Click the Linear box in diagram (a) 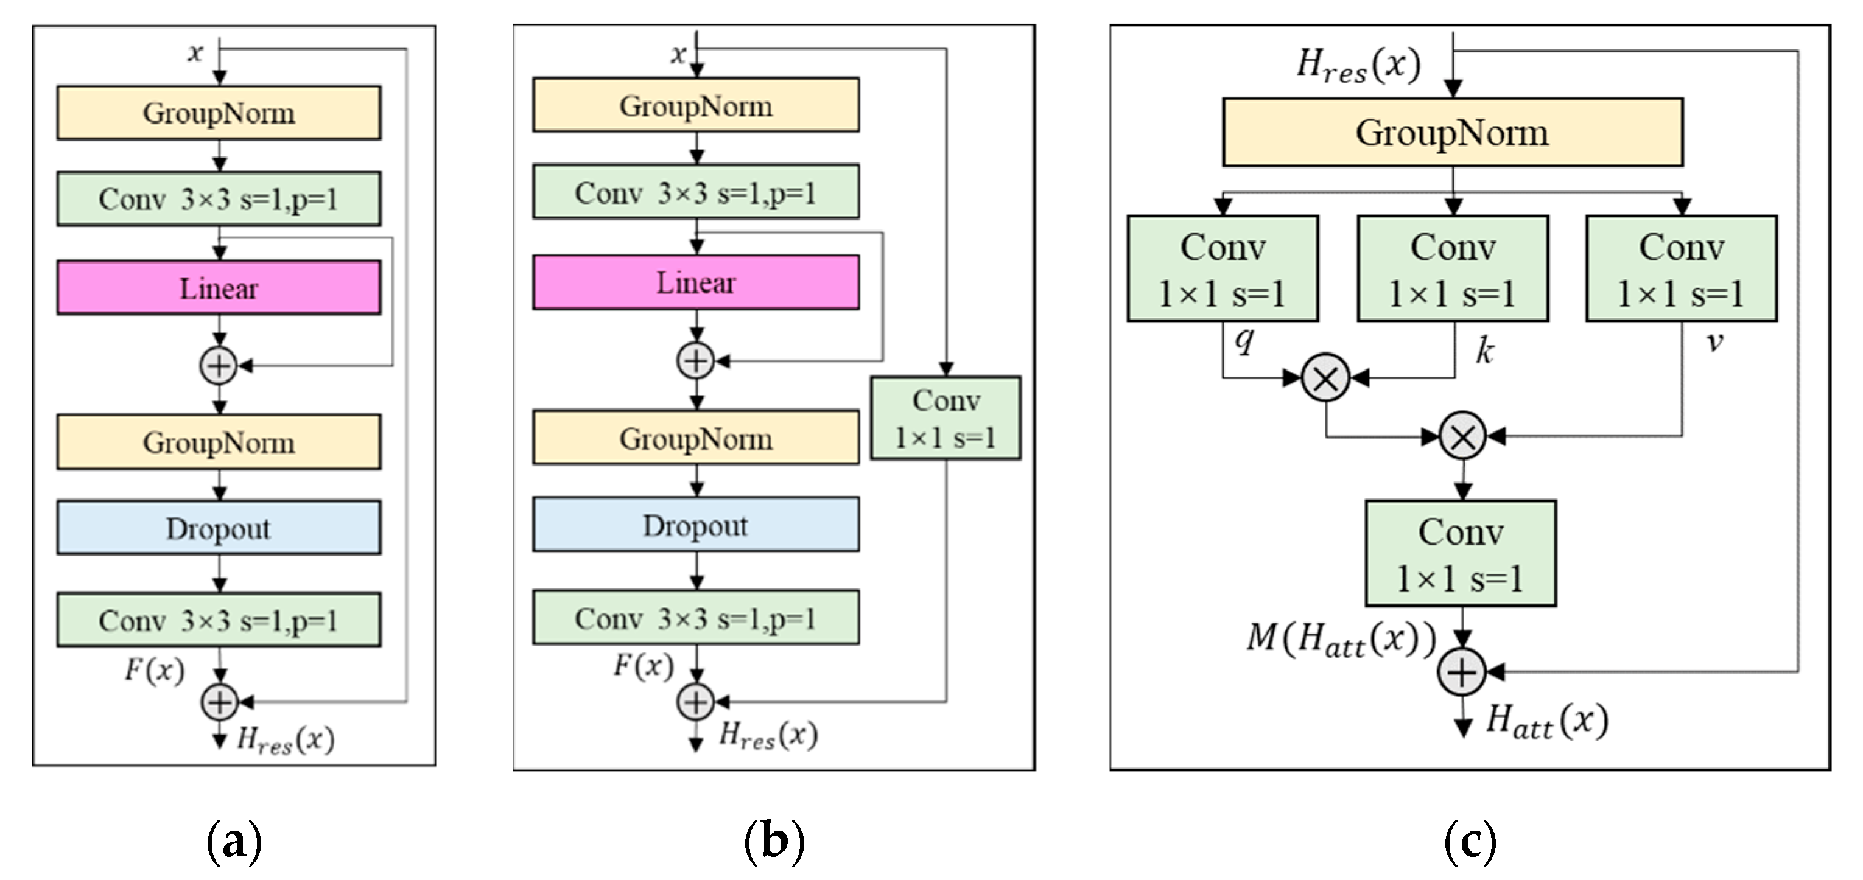tap(219, 288)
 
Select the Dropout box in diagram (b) tap(696, 525)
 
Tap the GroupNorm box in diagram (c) tap(1452, 132)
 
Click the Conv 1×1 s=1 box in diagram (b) tap(946, 418)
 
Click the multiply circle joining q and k tap(1325, 377)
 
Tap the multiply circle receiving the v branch tap(1462, 436)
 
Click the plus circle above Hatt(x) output tap(1462, 672)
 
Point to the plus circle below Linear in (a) tap(219, 366)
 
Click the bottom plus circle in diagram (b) tap(695, 702)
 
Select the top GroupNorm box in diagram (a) tap(219, 113)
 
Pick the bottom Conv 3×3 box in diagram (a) tap(219, 620)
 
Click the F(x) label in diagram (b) tap(643, 665)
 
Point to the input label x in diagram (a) tap(195, 52)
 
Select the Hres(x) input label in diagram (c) tap(1358, 65)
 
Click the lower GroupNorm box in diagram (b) tap(696, 438)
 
